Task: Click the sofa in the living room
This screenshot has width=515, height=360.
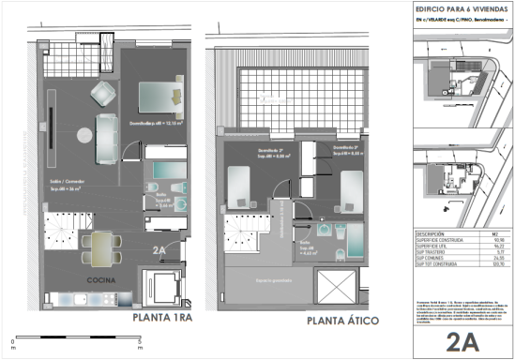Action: click(106, 128)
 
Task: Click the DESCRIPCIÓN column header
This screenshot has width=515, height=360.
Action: click(432, 233)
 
